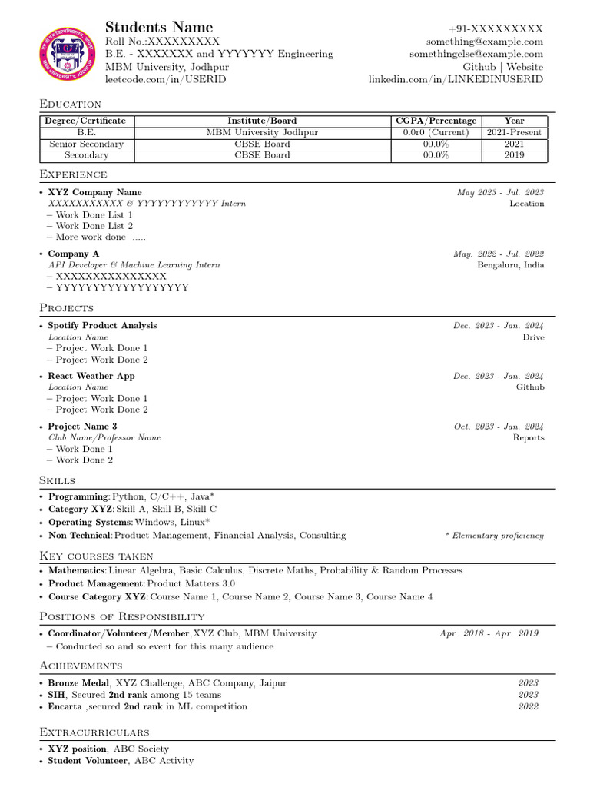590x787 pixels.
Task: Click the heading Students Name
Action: (x=159, y=28)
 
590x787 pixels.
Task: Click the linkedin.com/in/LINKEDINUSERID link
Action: (x=456, y=80)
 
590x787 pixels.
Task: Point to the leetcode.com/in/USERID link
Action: (x=165, y=79)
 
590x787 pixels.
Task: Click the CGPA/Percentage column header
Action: (x=436, y=121)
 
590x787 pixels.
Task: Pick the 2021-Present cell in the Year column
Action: (x=514, y=132)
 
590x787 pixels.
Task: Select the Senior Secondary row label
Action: (x=86, y=144)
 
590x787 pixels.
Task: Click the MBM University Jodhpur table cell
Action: (x=262, y=132)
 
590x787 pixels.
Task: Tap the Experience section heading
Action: (x=73, y=174)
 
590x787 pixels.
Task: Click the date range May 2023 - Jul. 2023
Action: (x=500, y=192)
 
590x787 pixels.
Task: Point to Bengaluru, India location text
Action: (x=510, y=265)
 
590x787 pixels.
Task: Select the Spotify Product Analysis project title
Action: (x=102, y=325)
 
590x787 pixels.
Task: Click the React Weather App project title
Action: (x=91, y=376)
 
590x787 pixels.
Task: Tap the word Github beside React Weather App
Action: (x=529, y=387)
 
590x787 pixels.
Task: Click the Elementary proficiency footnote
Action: (x=494, y=536)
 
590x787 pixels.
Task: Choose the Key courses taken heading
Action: (x=96, y=556)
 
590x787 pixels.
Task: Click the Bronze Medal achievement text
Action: (x=79, y=682)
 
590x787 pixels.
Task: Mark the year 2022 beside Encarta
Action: (x=528, y=706)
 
